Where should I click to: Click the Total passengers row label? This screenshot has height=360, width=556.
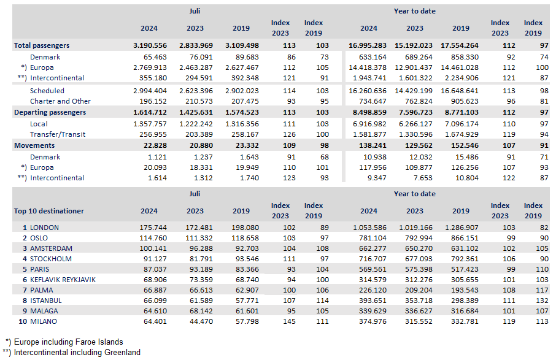pyautogui.click(x=42, y=45)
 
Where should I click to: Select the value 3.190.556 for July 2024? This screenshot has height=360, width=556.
pyautogui.click(x=150, y=45)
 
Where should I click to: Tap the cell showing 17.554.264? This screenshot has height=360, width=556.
pyautogui.click(x=460, y=45)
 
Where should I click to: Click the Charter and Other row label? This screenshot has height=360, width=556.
pyautogui.click(x=60, y=101)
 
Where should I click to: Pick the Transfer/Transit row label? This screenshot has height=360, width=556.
pyautogui.click(x=58, y=134)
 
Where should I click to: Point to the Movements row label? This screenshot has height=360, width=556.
pyautogui.click(x=34, y=145)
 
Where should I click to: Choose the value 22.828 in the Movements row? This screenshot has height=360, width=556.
pyautogui.click(x=155, y=145)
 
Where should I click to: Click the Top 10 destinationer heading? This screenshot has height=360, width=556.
pyautogui.click(x=49, y=211)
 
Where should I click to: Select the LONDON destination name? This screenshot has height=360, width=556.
pyautogui.click(x=44, y=228)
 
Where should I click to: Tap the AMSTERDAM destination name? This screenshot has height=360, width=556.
pyautogui.click(x=51, y=248)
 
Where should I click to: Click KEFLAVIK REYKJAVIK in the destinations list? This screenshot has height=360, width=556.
pyautogui.click(x=63, y=280)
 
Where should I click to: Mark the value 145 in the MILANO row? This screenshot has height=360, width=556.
pyautogui.click(x=289, y=321)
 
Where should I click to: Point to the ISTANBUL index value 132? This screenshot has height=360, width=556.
pyautogui.click(x=542, y=301)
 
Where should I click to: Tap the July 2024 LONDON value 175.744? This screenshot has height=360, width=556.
pyautogui.click(x=155, y=228)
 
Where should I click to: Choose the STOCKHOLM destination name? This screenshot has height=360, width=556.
pyautogui.click(x=51, y=259)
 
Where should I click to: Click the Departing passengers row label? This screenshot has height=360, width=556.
pyautogui.click(x=50, y=112)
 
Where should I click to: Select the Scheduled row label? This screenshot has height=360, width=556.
pyautogui.click(x=47, y=91)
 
